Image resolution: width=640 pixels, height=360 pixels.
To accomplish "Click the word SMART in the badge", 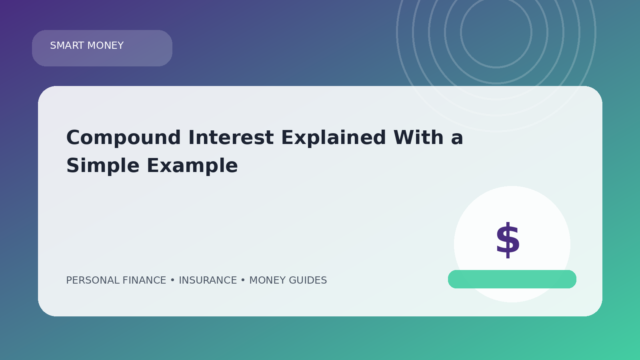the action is (x=67, y=46).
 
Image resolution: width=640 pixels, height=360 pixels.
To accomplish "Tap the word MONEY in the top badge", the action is (x=106, y=46).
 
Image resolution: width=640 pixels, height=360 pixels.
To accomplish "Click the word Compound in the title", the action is (x=124, y=138).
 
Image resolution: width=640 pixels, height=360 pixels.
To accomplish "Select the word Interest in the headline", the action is (x=231, y=138).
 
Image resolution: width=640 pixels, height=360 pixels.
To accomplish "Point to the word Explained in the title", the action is (x=334, y=138).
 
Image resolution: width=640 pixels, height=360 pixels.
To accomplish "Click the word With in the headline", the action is (x=418, y=137).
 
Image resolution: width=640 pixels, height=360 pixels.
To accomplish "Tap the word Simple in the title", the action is (x=103, y=166).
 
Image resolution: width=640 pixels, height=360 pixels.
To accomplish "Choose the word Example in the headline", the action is (x=192, y=166).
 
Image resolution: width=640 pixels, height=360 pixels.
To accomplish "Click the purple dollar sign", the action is (x=508, y=240).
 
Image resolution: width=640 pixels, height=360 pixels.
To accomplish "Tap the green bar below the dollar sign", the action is (x=512, y=279).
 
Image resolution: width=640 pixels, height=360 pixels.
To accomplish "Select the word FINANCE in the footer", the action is (x=144, y=280).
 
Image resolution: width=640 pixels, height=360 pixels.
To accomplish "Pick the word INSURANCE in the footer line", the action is (x=208, y=280).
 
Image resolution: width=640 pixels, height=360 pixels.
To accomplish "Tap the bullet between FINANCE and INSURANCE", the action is (x=172, y=280).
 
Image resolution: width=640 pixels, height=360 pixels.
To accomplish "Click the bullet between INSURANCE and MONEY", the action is (x=243, y=280).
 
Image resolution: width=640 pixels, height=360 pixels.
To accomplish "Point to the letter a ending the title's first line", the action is (x=457, y=139).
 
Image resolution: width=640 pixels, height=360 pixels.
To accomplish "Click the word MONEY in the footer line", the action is (x=268, y=280).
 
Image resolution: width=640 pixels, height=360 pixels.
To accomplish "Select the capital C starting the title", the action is (x=74, y=138).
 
